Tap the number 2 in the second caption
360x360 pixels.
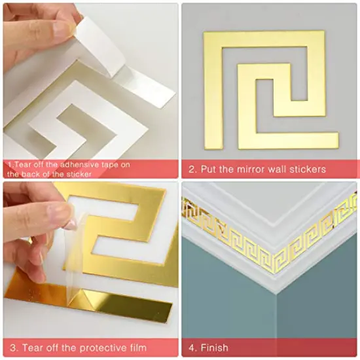pyautogui.click(x=192, y=170)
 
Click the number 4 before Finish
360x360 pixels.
pyautogui.click(x=192, y=348)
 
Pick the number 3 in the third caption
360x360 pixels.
pyautogui.click(x=12, y=348)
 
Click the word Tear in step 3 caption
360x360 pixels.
pyautogui.click(x=31, y=348)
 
